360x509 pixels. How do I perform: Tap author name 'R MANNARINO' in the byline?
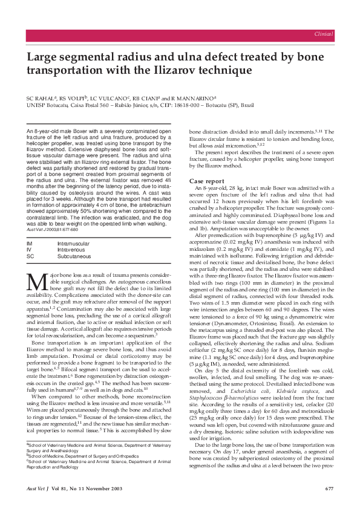pyautogui.click(x=194, y=97)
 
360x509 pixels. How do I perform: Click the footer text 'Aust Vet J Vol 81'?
pyautogui.click(x=50, y=488)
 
